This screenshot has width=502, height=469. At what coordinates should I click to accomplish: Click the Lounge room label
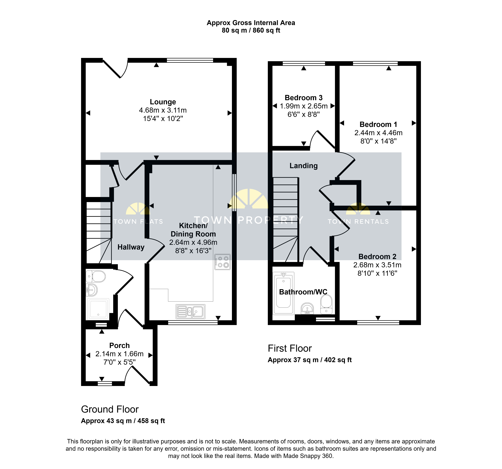pos(163,102)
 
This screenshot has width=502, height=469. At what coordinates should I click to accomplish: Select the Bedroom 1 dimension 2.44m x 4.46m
pos(378,133)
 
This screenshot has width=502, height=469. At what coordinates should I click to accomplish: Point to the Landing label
pos(304,166)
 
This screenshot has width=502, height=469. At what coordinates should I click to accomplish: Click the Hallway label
pos(131,247)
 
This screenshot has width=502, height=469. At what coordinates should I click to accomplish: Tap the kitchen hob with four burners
pos(223,262)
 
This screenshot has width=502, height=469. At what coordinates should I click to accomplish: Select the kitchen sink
pos(190,311)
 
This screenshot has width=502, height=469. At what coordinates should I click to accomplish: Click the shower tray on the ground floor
pos(98,309)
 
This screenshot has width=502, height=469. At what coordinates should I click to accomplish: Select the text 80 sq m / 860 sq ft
pos(251,30)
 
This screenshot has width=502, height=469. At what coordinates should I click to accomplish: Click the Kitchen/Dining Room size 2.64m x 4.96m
pos(193,242)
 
